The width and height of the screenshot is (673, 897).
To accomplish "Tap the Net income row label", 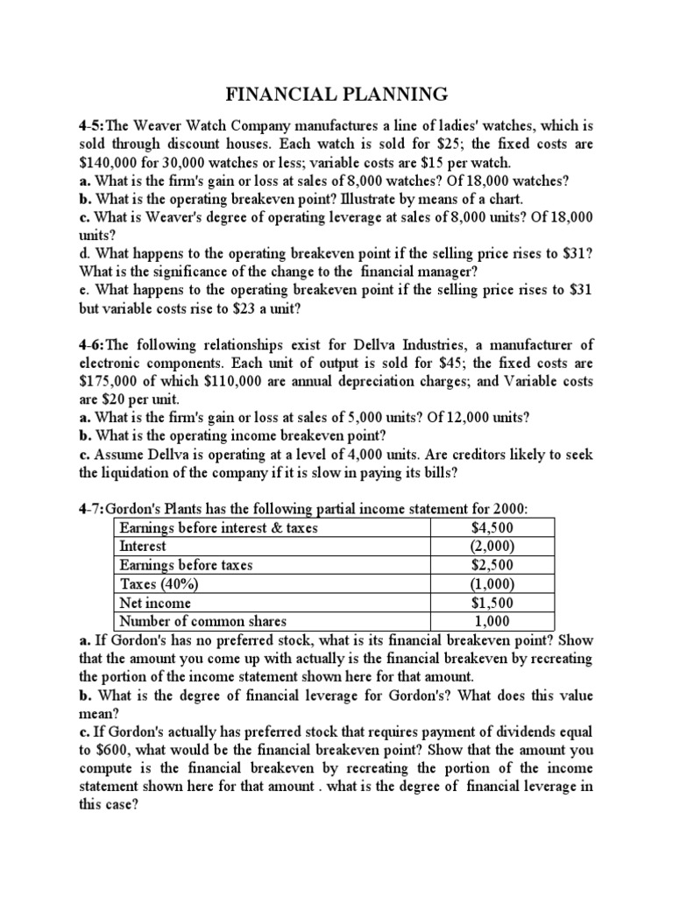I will coord(155,603).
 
